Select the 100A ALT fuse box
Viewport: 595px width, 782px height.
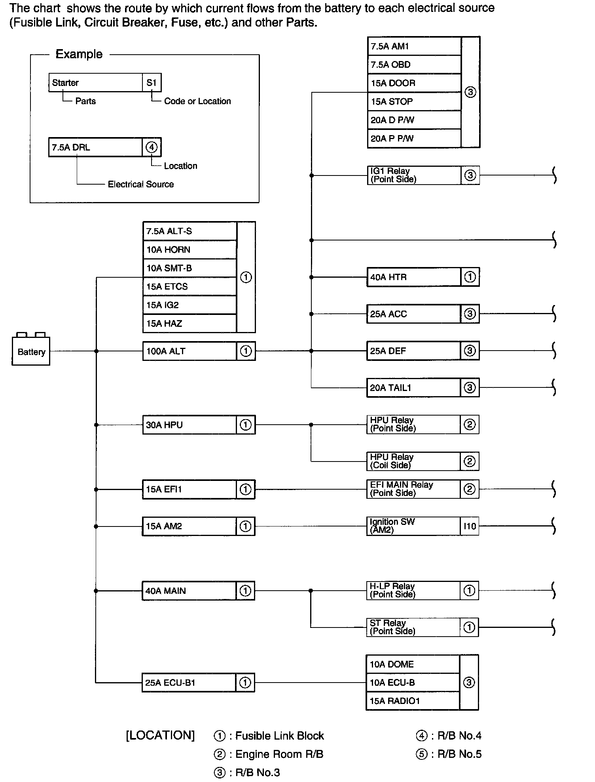pos(189,351)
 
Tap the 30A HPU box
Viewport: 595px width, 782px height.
pos(189,425)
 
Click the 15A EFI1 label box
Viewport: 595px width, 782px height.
pos(189,489)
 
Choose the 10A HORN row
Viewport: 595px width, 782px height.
pos(189,250)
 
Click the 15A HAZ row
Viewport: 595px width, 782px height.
pos(189,323)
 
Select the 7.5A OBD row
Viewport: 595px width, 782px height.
pos(414,65)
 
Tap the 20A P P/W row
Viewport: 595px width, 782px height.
pos(414,138)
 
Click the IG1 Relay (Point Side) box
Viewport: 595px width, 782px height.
pos(414,175)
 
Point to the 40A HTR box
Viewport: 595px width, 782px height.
pos(414,277)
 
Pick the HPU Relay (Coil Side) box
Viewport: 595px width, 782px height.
pos(413,461)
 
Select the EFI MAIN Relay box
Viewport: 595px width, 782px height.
pos(413,489)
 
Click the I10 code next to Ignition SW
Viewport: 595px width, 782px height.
pos(470,526)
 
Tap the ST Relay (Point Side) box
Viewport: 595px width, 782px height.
pos(413,627)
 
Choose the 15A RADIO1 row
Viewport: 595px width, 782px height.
pos(413,701)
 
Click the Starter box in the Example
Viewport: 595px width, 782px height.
pos(95,82)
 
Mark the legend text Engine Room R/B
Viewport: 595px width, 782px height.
pos(279,754)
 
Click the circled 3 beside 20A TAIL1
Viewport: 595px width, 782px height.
pos(470,387)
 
